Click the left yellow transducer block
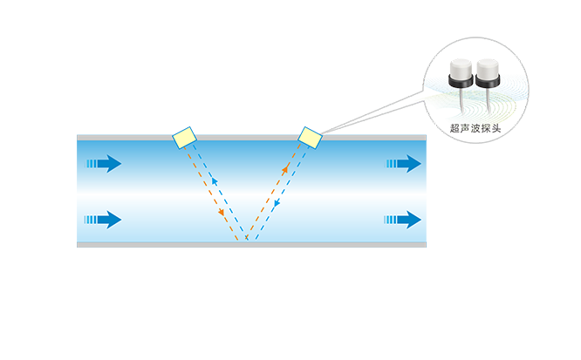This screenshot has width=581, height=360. click(184, 138)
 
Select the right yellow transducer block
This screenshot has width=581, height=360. click(310, 138)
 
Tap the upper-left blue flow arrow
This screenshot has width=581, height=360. click(103, 163)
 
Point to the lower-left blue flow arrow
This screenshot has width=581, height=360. click(103, 219)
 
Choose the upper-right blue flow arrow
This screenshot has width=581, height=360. click(404, 163)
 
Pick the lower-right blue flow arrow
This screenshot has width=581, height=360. click(404, 219)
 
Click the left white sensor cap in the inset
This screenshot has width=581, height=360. click(455, 65)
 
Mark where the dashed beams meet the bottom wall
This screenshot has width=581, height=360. click(247, 240)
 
